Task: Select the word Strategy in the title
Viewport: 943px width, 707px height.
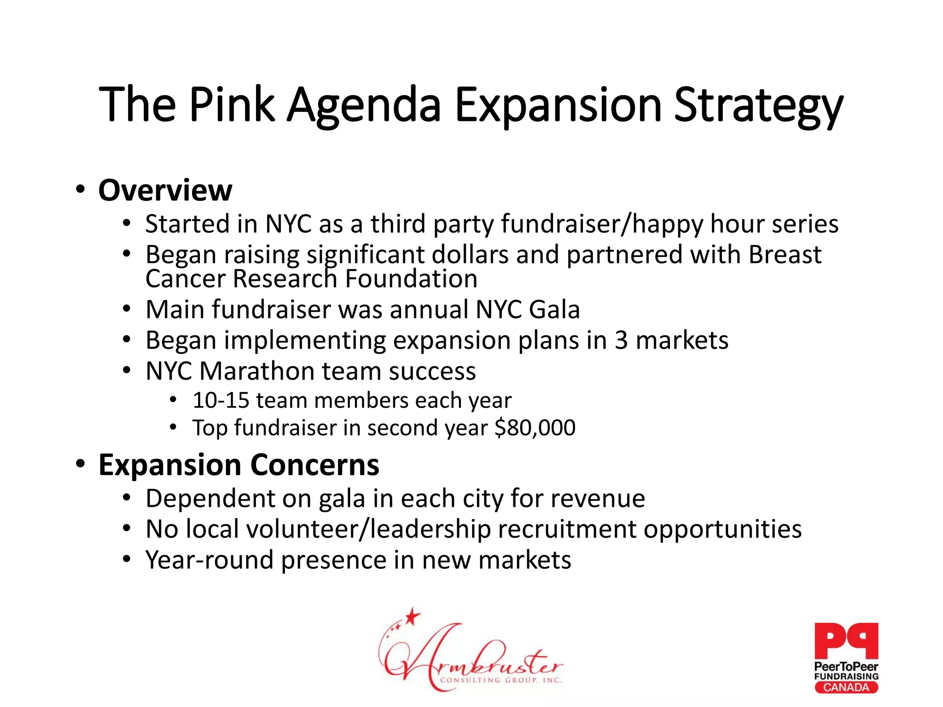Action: point(758,107)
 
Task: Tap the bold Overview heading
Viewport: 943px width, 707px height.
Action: point(165,190)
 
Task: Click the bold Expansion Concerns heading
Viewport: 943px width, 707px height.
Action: point(239,465)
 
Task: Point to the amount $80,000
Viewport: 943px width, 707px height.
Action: point(535,428)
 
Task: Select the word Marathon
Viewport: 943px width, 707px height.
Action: point(256,371)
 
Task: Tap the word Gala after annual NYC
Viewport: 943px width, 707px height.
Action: point(554,309)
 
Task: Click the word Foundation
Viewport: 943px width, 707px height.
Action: point(411,278)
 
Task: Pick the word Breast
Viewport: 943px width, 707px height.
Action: point(785,255)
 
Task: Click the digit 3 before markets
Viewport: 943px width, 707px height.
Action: point(621,341)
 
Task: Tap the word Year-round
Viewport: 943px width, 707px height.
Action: point(210,560)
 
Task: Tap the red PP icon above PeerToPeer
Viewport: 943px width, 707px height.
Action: point(846,641)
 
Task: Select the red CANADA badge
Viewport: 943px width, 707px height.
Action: point(846,688)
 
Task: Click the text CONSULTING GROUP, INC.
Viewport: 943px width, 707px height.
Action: point(501,680)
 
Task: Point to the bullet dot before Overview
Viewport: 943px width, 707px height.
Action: point(81,190)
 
